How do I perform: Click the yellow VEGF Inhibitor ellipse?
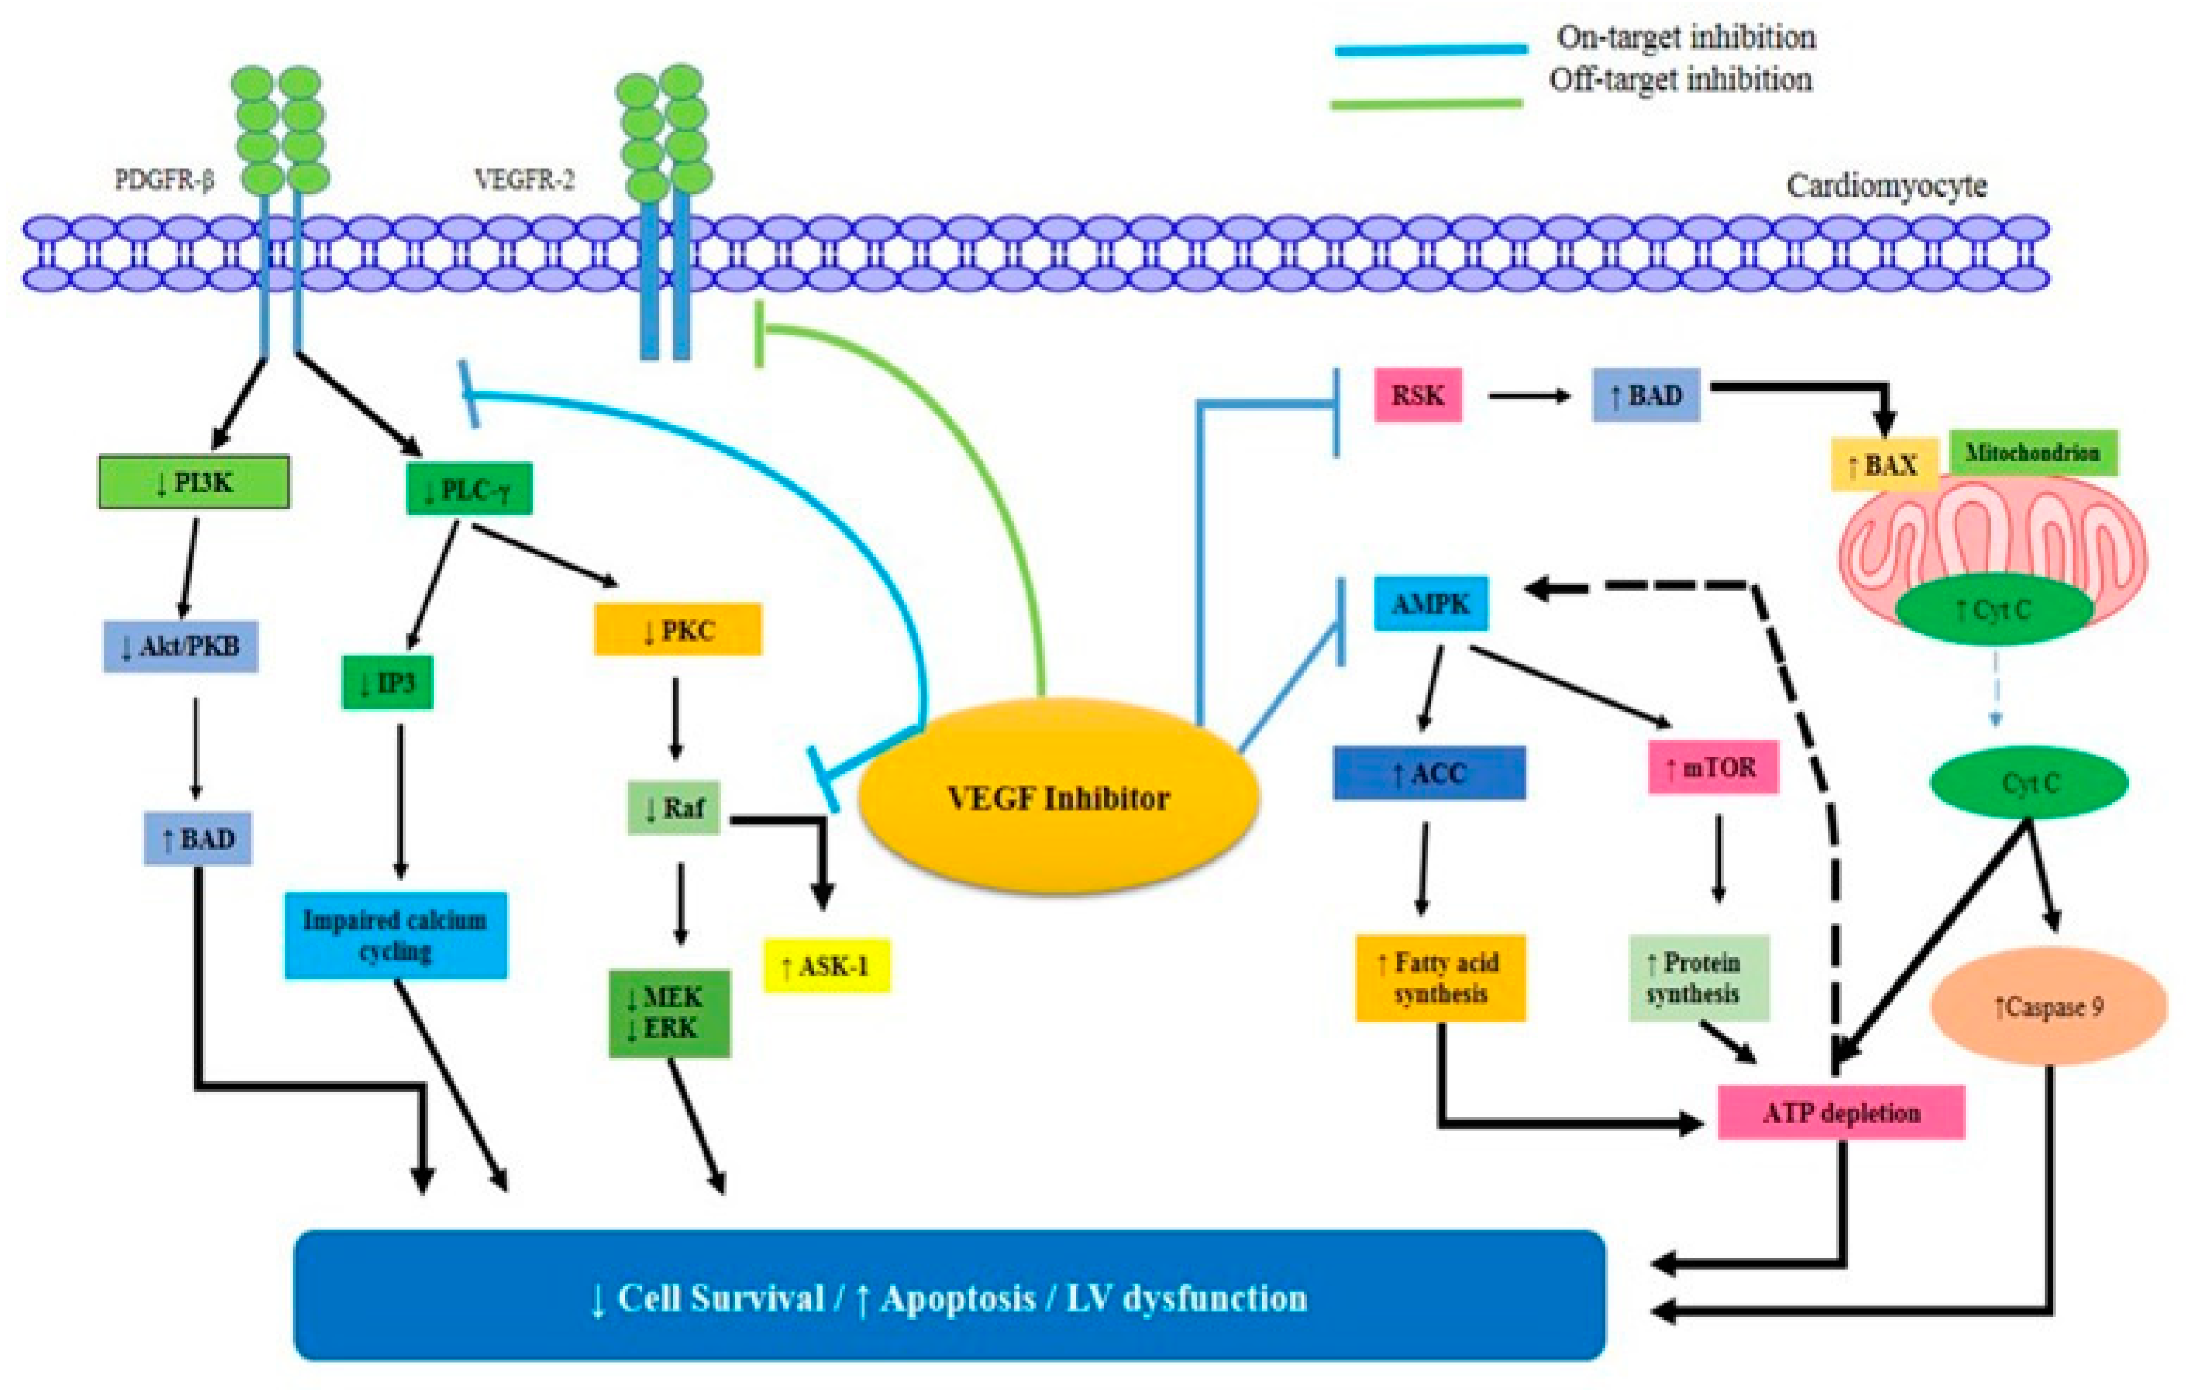(x=1059, y=797)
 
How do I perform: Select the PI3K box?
(x=194, y=483)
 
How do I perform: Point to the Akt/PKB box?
(x=181, y=646)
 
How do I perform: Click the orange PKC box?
(x=678, y=629)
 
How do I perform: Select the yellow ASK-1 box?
(x=826, y=966)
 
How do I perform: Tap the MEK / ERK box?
(x=669, y=1013)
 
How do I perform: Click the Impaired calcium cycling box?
(x=396, y=936)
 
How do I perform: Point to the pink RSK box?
(x=1418, y=395)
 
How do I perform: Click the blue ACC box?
(x=1429, y=773)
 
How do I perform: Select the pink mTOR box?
(x=1713, y=767)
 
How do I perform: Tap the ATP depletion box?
(x=1841, y=1112)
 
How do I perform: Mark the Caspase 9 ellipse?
(x=2049, y=1006)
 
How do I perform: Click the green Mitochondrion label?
(x=2034, y=452)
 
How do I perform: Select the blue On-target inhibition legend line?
(x=1431, y=50)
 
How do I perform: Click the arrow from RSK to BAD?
(x=1530, y=396)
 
